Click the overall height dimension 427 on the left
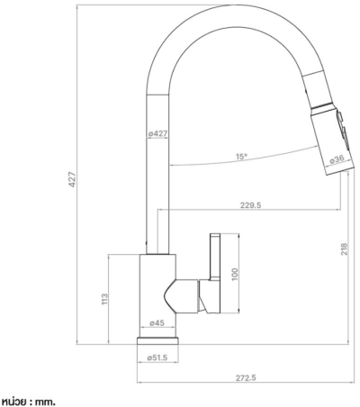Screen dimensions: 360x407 tap(72, 179)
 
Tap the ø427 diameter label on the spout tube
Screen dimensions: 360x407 tap(157, 133)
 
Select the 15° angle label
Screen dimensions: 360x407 tap(241, 157)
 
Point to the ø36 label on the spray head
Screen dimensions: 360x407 tap(337, 159)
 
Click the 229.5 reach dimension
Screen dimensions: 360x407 tap(251, 205)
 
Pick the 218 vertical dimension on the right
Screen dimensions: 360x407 tap(344, 249)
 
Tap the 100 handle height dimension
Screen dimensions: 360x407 tap(235, 274)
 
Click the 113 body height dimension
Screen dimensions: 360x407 tap(104, 299)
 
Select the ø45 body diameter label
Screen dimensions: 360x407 tap(157, 323)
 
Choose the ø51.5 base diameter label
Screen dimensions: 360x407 tap(157, 357)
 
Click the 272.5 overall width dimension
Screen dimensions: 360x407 tap(246, 378)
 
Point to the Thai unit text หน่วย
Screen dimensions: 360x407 tap(15, 402)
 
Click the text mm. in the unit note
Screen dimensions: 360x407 tap(45, 402)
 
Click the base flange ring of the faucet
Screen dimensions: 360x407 tap(157, 340)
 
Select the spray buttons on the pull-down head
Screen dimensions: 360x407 tap(343, 129)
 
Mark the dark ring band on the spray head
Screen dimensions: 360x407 tap(322, 107)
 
